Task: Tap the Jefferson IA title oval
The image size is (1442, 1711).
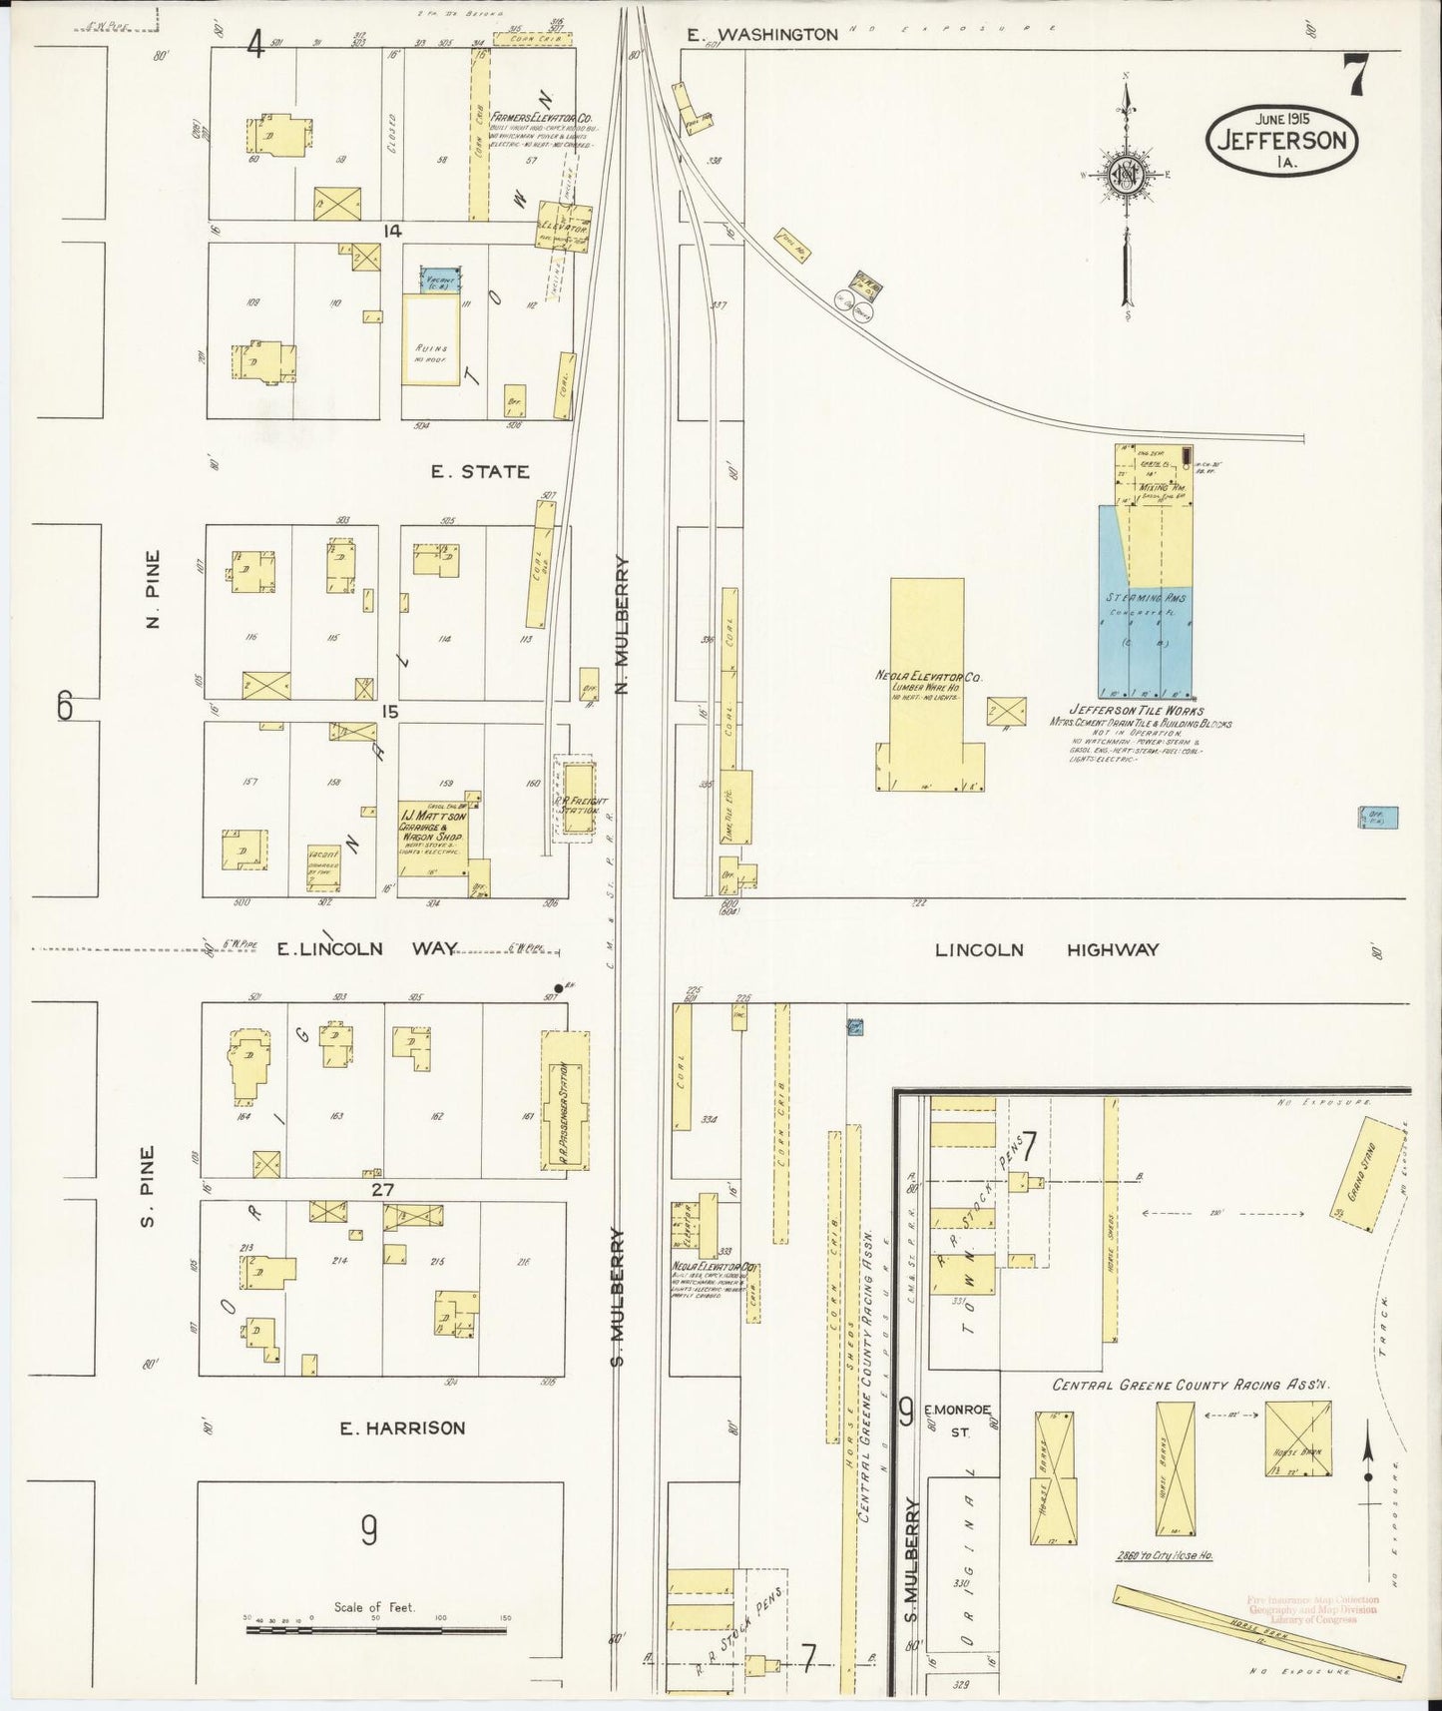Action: (x=1283, y=139)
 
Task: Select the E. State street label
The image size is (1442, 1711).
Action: (x=480, y=471)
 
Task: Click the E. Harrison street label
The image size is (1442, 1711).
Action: (x=402, y=1427)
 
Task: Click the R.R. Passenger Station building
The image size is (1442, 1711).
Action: (x=565, y=1100)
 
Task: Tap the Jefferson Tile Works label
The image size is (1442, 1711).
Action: (x=1139, y=710)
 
